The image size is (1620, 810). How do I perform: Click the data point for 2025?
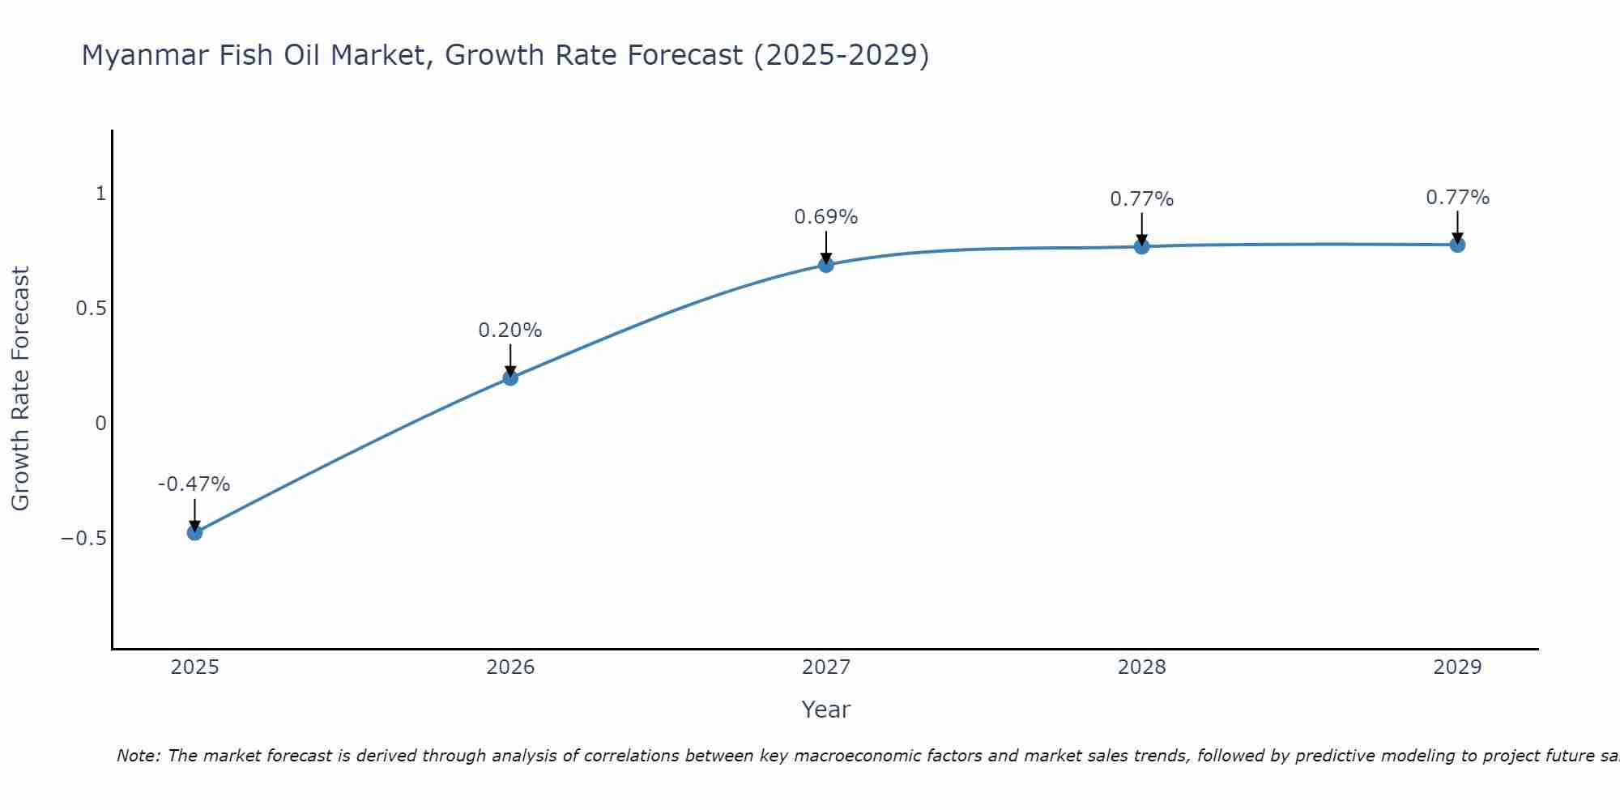(194, 532)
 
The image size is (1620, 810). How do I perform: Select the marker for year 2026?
(510, 377)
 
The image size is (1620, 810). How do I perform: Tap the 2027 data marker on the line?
(826, 265)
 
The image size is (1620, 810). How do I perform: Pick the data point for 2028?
(1142, 246)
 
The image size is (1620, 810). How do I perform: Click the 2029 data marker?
(1457, 245)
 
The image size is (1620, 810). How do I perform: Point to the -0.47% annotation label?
(194, 484)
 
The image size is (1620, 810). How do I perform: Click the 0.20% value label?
(509, 330)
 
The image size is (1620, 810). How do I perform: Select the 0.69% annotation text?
(825, 217)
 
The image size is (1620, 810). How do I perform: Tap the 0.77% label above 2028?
(1141, 199)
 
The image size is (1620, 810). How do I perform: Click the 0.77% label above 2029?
(1457, 198)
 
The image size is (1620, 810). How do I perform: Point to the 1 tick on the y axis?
(100, 194)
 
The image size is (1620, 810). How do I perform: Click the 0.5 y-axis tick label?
(91, 309)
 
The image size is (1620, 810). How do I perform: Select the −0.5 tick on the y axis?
(83, 539)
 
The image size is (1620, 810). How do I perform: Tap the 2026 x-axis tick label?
(510, 667)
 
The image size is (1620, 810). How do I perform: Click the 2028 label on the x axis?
(1141, 667)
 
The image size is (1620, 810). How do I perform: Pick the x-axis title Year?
(825, 710)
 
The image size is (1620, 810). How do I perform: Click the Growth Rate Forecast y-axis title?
(20, 389)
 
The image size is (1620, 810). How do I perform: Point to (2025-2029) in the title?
(841, 56)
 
